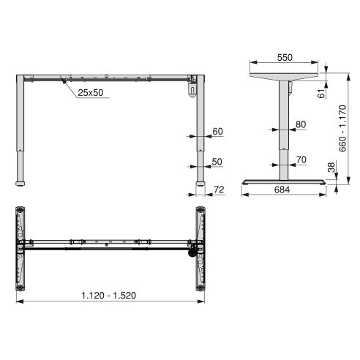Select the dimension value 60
217,131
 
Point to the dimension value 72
218,190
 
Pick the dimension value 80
300,124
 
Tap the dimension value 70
300,158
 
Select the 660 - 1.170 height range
343,128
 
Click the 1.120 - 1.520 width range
109,296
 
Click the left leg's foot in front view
21,182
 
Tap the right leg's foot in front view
200,182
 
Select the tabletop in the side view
284,75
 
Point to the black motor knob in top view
193,252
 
